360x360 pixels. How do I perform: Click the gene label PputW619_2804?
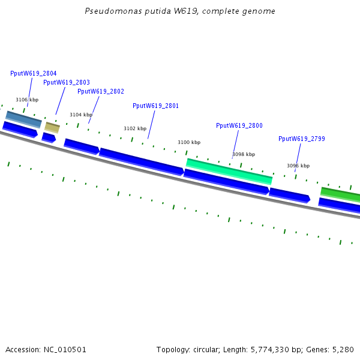[x=34, y=73]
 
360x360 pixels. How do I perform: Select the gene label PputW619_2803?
[x=67, y=82]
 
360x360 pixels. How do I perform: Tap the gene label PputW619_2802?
[x=101, y=91]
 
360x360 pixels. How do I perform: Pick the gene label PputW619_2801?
[x=155, y=106]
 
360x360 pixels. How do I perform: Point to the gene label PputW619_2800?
[x=239, y=125]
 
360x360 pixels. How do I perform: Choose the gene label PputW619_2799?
[x=302, y=139]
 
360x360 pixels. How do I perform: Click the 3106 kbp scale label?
[x=27, y=100]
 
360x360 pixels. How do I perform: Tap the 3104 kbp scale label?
[x=81, y=115]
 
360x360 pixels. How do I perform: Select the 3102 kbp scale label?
[x=135, y=128]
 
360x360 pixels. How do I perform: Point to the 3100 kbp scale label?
[x=189, y=142]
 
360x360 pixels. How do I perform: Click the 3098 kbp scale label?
[x=244, y=154]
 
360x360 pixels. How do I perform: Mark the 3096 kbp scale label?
[x=298, y=166]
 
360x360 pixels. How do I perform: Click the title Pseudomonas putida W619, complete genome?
[x=180, y=11]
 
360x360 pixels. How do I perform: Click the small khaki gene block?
[x=52, y=127]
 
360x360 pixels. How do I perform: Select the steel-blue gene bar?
[x=24, y=119]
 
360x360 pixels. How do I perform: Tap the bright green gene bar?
[x=340, y=194]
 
